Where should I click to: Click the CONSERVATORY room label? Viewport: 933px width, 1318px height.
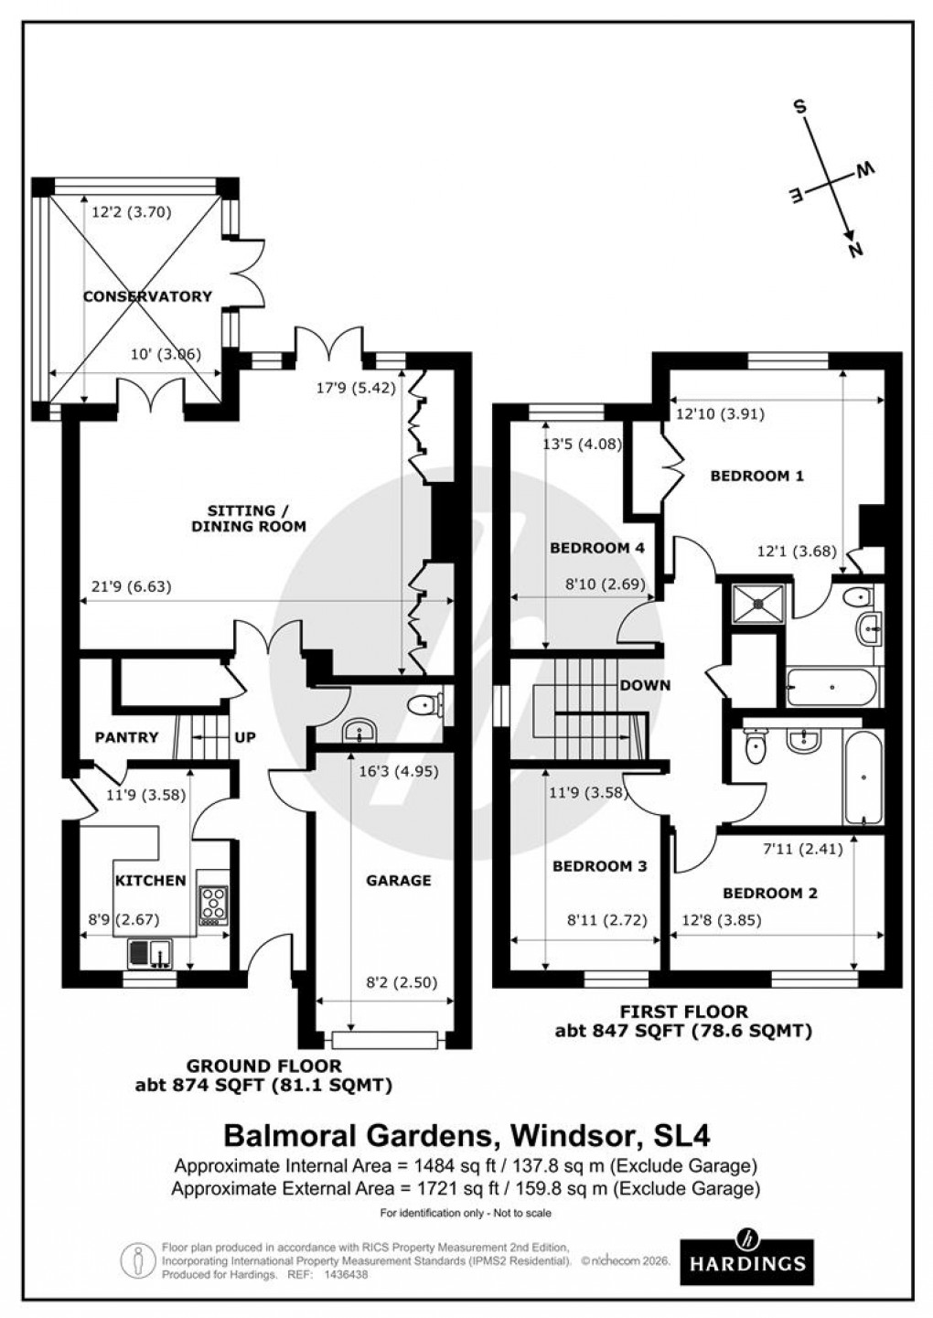pos(147,296)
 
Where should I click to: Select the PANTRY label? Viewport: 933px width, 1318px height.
pos(126,737)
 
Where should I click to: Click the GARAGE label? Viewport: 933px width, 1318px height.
pos(398,880)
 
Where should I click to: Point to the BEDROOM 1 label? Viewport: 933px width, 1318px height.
pos(756,476)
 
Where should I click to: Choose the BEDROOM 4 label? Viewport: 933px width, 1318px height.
pos(596,548)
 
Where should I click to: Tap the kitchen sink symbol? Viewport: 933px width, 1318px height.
pos(150,954)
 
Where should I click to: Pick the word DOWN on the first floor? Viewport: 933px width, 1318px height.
pos(645,685)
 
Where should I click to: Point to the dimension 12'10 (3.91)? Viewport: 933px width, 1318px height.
pos(720,413)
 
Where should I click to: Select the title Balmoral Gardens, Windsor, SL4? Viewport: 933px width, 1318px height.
pos(466,1135)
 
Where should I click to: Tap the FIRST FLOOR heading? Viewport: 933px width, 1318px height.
pos(683,1012)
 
